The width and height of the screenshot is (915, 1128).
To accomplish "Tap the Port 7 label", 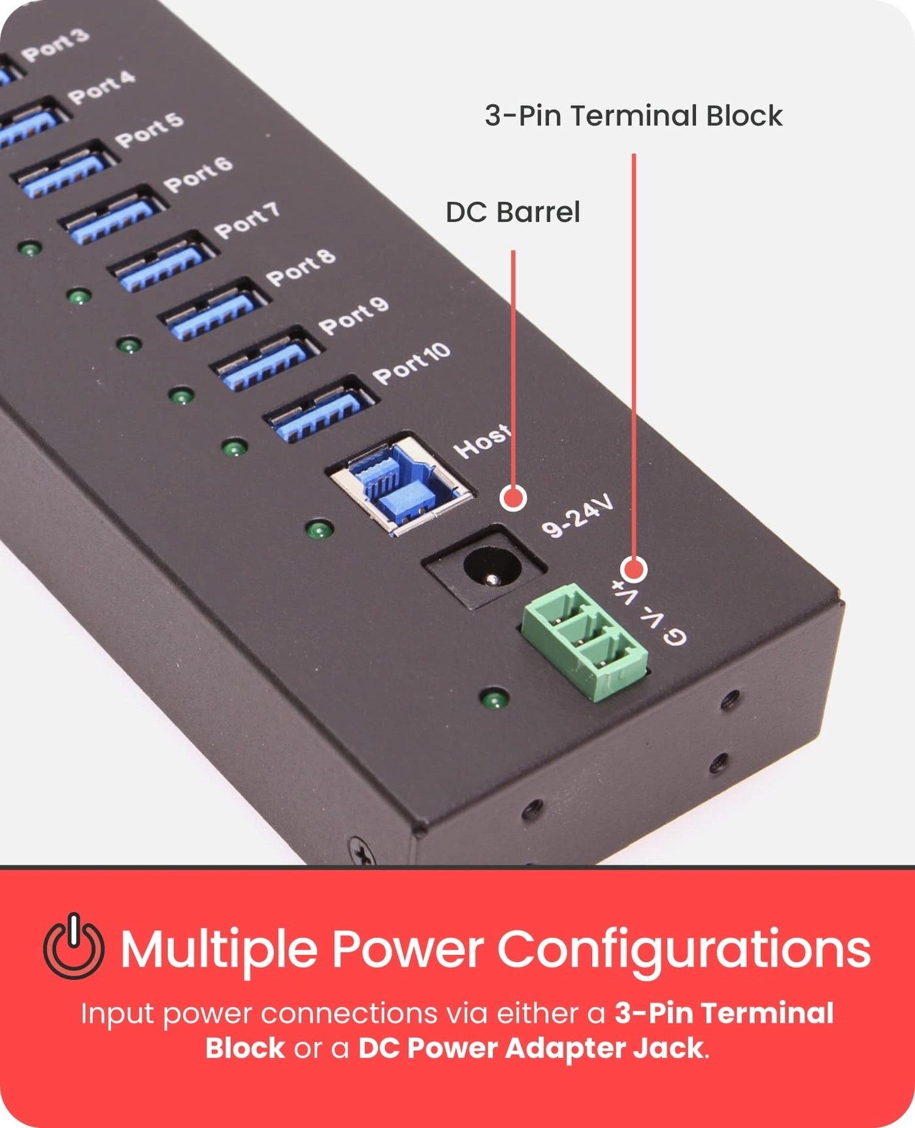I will click(247, 220).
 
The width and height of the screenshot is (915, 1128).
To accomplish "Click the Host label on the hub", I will click(482, 441).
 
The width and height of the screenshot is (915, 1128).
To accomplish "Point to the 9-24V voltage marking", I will click(578, 516).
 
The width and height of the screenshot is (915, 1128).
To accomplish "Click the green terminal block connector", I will click(585, 640).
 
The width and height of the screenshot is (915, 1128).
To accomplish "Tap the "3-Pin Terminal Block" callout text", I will click(633, 116).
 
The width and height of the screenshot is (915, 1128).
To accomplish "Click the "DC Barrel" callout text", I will click(512, 212).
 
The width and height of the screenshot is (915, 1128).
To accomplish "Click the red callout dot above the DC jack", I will click(514, 498).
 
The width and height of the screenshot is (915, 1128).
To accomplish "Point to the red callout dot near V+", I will click(633, 570).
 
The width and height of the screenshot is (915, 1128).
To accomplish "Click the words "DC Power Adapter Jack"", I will click(531, 1048).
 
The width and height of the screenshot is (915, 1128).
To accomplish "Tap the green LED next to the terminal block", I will click(495, 699).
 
